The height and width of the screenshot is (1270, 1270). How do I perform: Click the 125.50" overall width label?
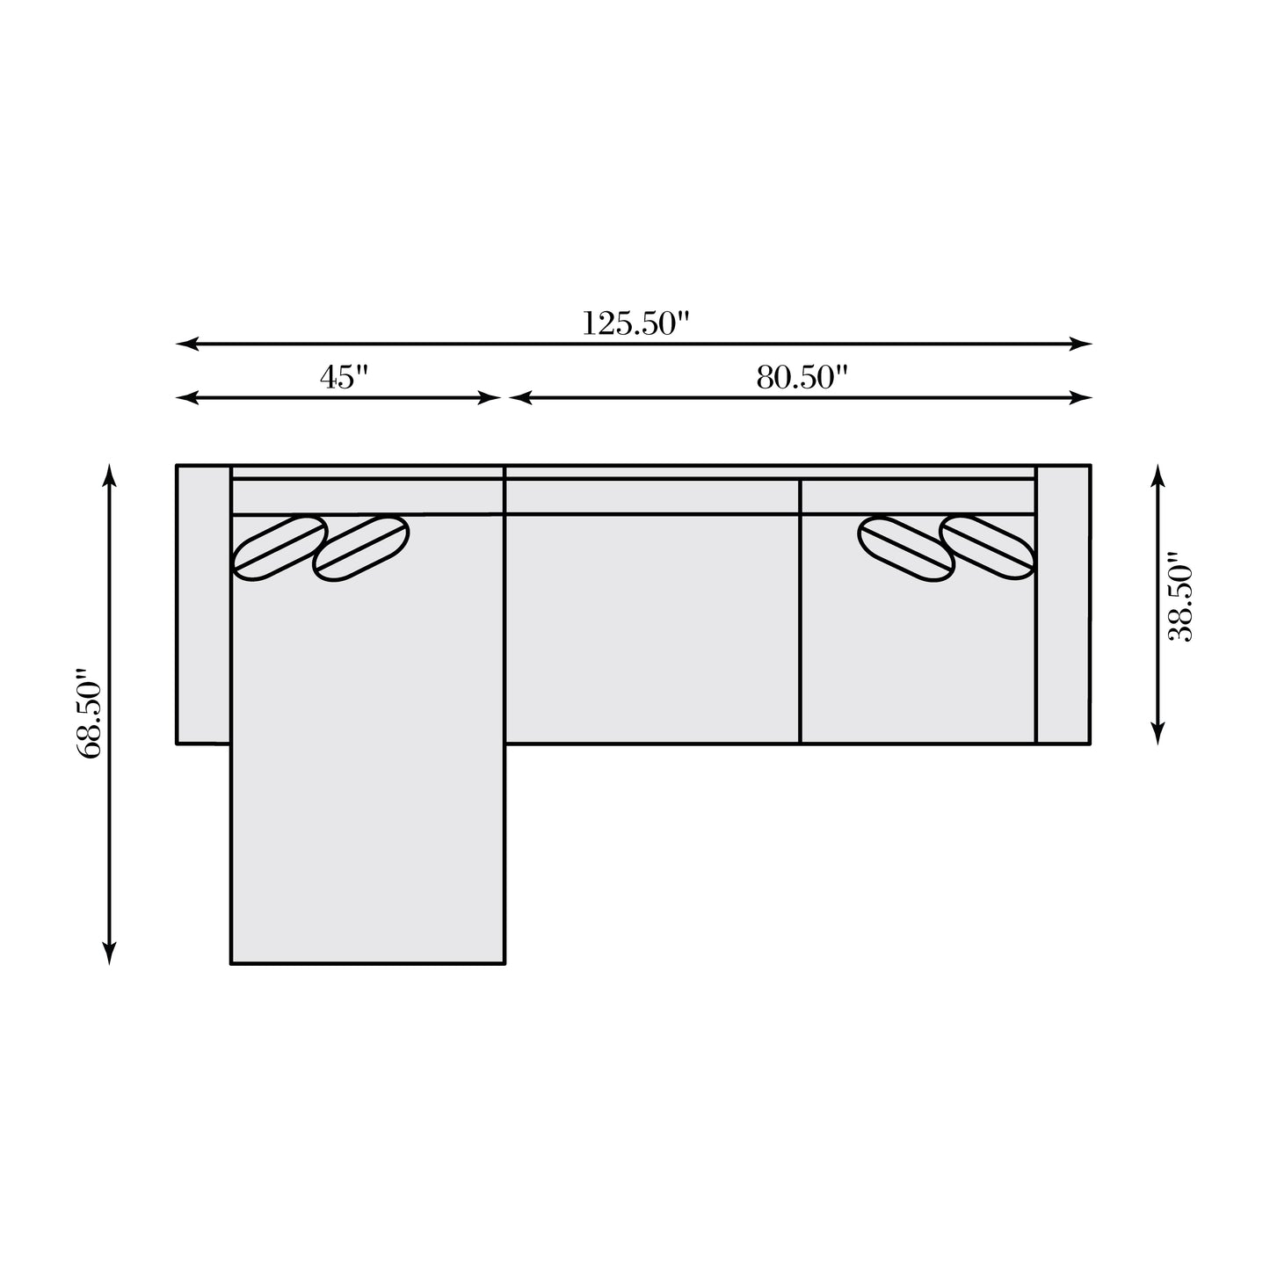pos(632,323)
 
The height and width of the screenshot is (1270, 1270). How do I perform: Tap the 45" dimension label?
pos(344,377)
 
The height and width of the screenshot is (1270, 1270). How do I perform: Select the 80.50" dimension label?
pos(802,377)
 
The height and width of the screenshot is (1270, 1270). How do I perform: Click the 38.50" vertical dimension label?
pos(1179,598)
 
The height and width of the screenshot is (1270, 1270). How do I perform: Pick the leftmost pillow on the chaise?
pos(279,548)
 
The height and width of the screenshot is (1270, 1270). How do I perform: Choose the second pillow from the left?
pos(361,548)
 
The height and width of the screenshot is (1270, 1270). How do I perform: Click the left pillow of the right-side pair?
pos(906,548)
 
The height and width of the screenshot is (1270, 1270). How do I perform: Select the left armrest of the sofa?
pos(203,604)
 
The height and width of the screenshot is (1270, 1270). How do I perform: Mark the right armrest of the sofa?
pos(1063,604)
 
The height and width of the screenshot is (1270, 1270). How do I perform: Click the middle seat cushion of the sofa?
pos(652,628)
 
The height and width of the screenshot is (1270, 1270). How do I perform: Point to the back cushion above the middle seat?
pos(652,496)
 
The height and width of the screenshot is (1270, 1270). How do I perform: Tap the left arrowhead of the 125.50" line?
pos(182,344)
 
